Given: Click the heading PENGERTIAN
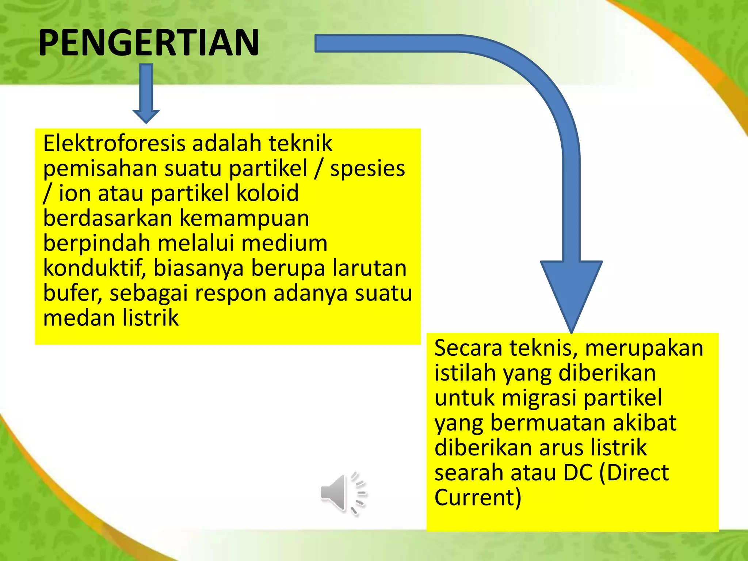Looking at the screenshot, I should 149,43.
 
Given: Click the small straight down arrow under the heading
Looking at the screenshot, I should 146,93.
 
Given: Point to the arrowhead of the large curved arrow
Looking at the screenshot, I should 571,292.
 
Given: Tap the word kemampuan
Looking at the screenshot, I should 244,218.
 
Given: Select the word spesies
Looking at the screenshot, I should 367,169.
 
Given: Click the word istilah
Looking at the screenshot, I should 465,373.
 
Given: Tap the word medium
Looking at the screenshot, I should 284,243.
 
